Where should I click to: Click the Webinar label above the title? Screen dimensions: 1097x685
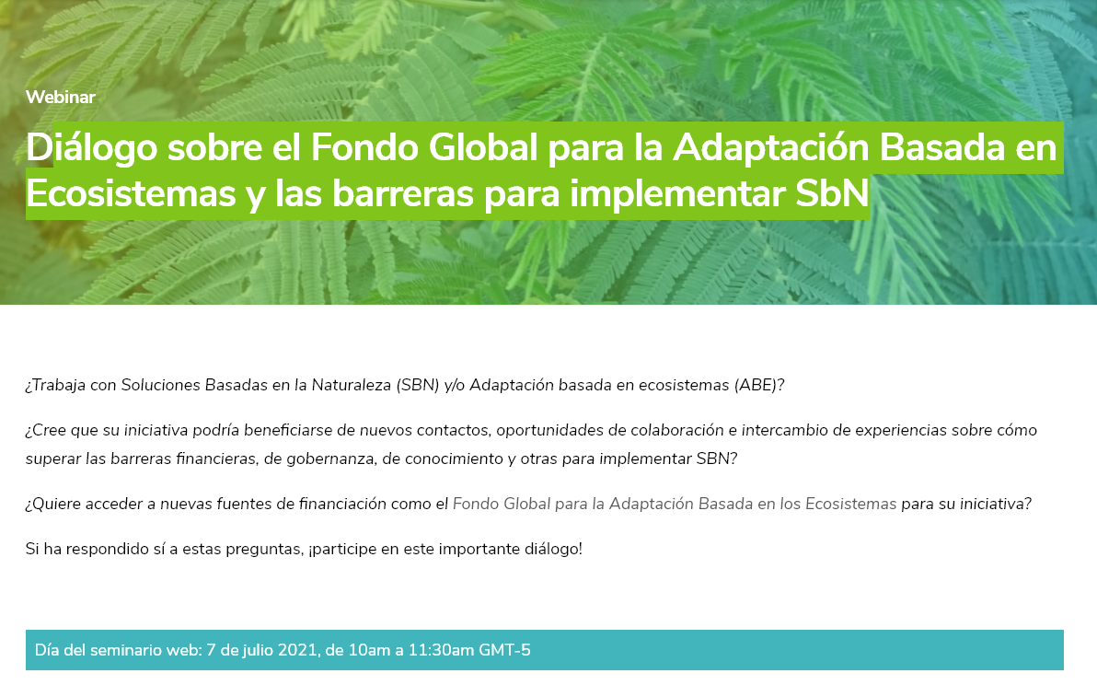pos(60,97)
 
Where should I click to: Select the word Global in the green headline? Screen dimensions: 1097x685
pos(483,147)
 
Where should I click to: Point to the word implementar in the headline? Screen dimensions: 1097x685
pos(677,194)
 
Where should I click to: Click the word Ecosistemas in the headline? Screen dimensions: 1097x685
pos(131,194)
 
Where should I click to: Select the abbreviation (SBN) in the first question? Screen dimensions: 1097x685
pos(418,386)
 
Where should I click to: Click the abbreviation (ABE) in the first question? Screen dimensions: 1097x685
pos(758,386)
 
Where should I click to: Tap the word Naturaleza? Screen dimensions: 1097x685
pos(352,386)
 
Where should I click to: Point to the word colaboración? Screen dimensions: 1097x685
pos(677,430)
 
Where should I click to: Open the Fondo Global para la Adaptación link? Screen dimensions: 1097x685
pos(675,504)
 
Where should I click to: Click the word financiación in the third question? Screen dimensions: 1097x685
pos(342,504)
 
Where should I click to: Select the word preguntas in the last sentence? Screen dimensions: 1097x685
pos(270,550)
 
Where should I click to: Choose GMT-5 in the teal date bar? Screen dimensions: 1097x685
pos(504,650)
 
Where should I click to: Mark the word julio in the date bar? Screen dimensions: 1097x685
pos(256,651)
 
